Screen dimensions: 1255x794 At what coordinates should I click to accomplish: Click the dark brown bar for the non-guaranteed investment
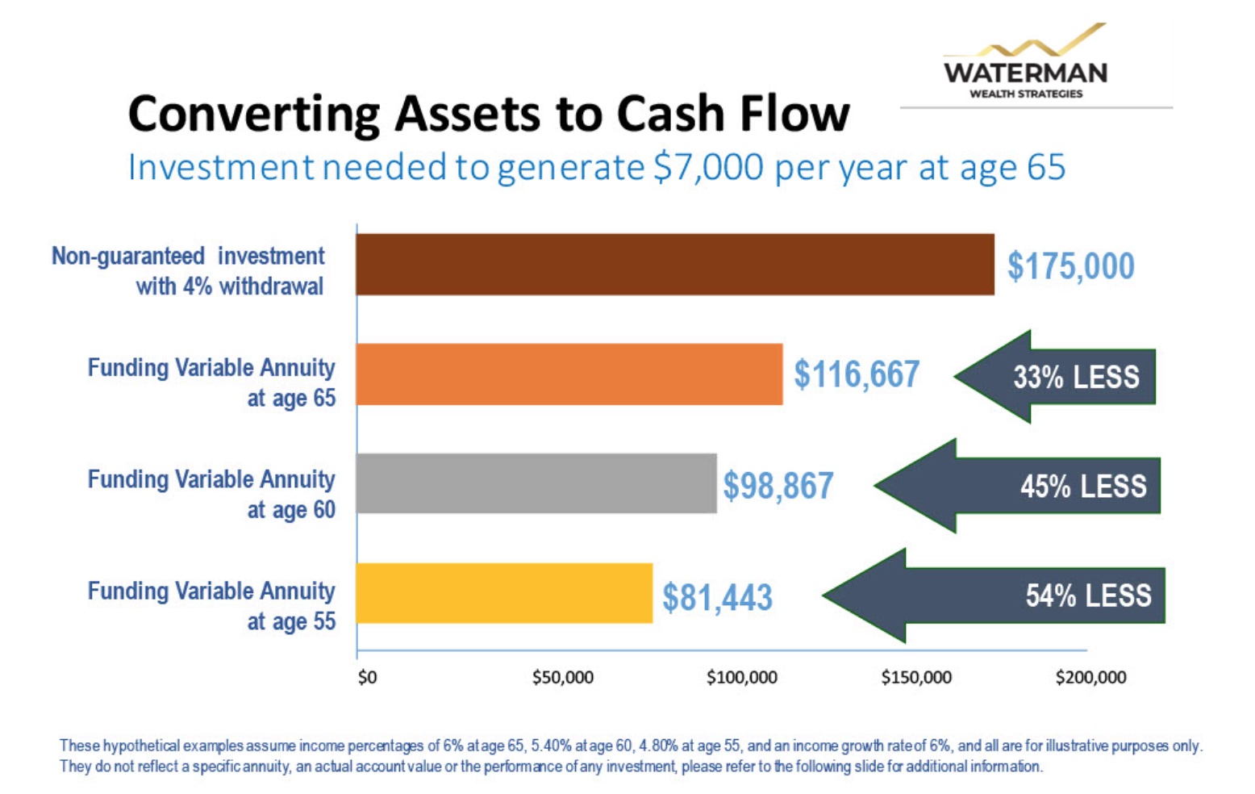pyautogui.click(x=675, y=265)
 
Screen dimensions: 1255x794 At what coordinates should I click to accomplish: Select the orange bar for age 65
pyautogui.click(x=569, y=374)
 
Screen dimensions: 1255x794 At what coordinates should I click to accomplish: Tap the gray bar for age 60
pyautogui.click(x=536, y=483)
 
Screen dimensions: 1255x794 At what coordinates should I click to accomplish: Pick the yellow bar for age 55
pyautogui.click(x=504, y=593)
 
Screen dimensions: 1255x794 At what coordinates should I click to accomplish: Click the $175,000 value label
pyautogui.click(x=1070, y=266)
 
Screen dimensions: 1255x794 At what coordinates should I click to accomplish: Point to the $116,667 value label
pyautogui.click(x=857, y=374)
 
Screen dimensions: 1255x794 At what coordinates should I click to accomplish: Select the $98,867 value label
pyautogui.click(x=778, y=485)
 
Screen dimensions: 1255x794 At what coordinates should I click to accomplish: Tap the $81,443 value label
pyautogui.click(x=717, y=597)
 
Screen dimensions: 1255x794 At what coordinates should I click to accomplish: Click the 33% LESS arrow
pyautogui.click(x=1055, y=377)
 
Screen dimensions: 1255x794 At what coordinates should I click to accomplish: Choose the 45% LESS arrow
pyautogui.click(x=1017, y=486)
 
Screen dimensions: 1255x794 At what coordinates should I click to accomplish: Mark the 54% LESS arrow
pyautogui.click(x=994, y=595)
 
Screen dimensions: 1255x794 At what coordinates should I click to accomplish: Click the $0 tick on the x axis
pyautogui.click(x=368, y=678)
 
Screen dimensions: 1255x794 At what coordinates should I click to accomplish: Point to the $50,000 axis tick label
pyautogui.click(x=562, y=678)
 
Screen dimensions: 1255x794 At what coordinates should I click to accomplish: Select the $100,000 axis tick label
pyautogui.click(x=742, y=678)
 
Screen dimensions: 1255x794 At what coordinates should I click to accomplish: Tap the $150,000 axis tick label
pyautogui.click(x=916, y=678)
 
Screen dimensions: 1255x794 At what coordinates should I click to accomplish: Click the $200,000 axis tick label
pyautogui.click(x=1090, y=678)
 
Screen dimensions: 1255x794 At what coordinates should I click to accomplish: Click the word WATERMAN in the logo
pyautogui.click(x=1025, y=73)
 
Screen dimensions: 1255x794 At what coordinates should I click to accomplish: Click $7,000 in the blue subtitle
pyautogui.click(x=708, y=167)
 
